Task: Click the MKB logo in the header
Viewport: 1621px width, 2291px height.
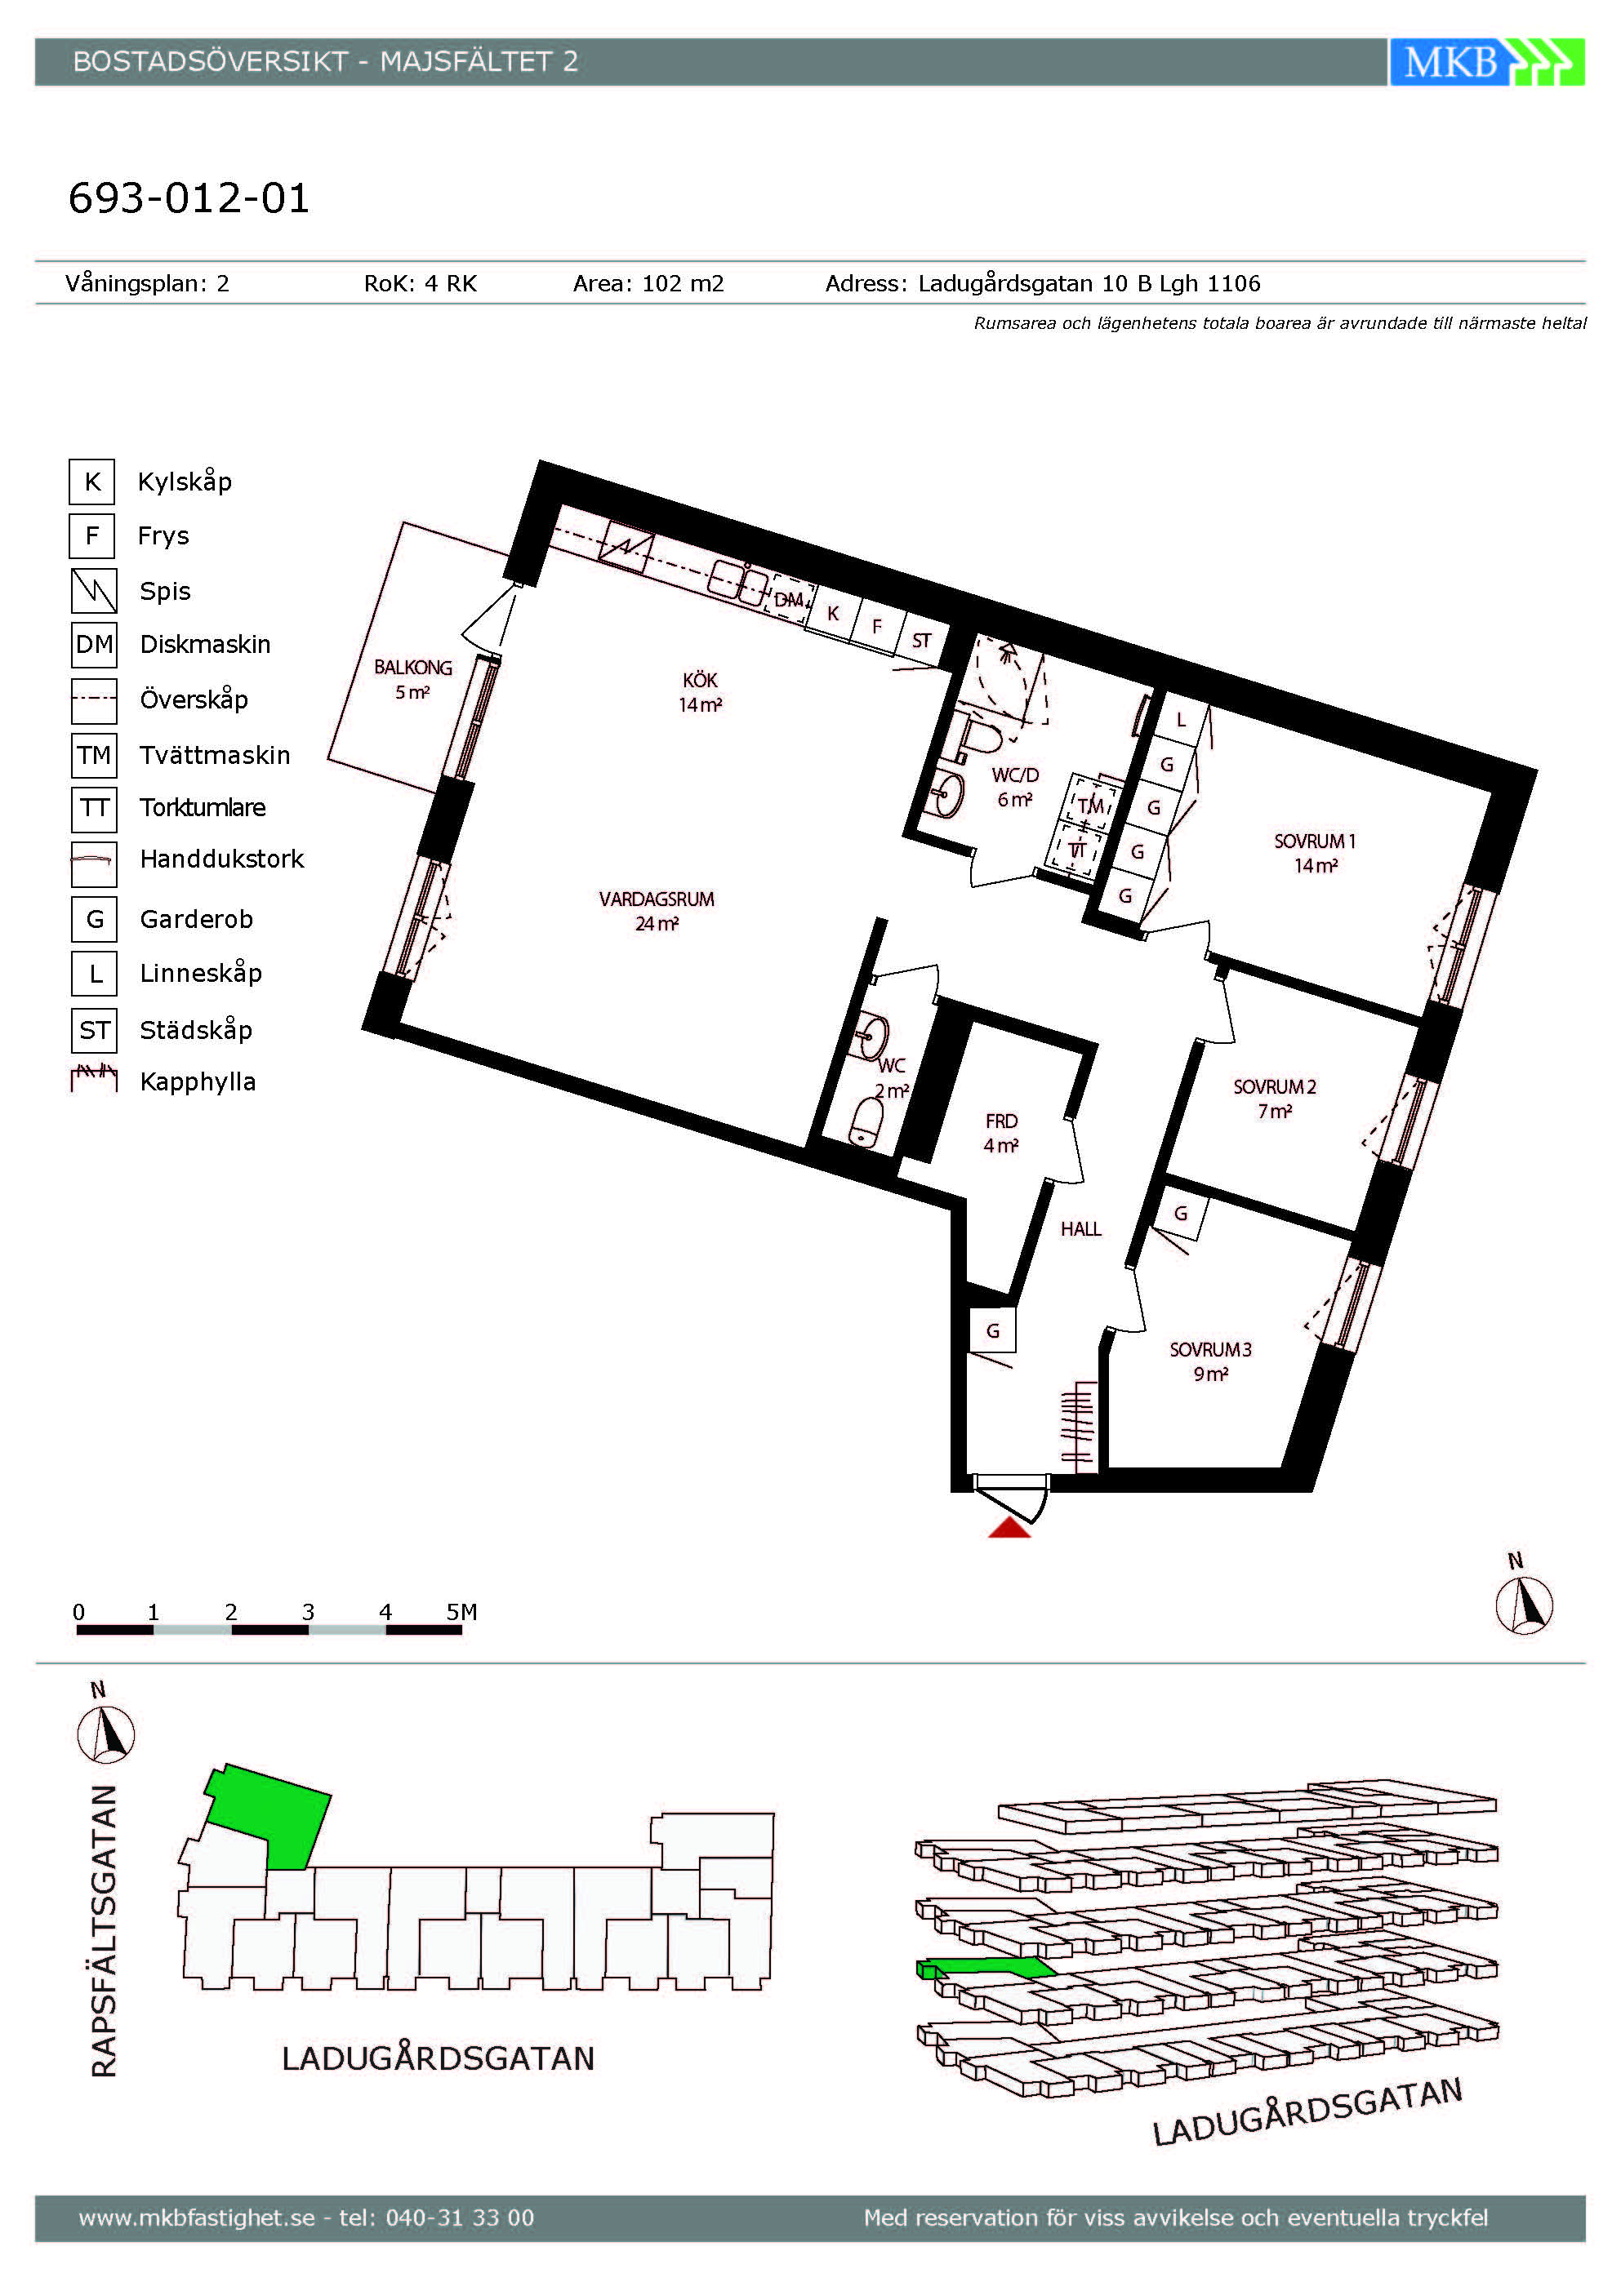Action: point(1486,62)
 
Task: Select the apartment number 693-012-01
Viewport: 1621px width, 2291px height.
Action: point(189,198)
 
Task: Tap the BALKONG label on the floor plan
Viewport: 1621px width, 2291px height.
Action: point(413,668)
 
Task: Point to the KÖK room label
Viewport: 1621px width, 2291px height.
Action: point(700,680)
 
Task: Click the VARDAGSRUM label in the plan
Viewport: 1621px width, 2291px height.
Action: point(657,899)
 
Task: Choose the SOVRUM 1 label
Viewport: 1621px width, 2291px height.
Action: point(1315,841)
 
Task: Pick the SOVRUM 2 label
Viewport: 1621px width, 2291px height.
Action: point(1275,1086)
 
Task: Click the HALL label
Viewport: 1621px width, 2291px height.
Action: point(1081,1229)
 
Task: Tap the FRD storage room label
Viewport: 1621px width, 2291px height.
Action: point(1001,1121)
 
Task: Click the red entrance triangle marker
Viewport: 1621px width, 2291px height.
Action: point(1009,1528)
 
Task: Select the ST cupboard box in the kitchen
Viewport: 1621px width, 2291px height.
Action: point(920,641)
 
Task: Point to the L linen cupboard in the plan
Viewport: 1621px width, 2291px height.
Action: point(1180,718)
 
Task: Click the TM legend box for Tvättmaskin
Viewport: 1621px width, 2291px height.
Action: point(94,754)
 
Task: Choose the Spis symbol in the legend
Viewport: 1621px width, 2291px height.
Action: point(94,590)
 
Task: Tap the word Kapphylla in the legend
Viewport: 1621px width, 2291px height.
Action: point(198,1081)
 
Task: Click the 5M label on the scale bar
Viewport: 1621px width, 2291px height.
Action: point(461,1611)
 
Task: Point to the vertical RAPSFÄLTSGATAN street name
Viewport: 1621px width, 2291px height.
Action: point(105,1931)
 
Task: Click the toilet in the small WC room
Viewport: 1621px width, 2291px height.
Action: point(866,1121)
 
